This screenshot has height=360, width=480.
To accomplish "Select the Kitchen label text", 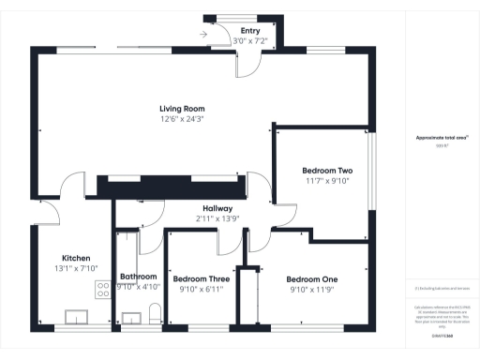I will [76, 258].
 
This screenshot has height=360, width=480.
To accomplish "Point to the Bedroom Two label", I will [326, 171].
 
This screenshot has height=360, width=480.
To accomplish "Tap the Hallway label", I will [217, 207].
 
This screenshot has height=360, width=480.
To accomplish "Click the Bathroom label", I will [139, 277].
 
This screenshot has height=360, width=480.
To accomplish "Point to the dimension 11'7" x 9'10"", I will [326, 181].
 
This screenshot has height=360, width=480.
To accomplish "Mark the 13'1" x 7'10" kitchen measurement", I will [76, 268].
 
